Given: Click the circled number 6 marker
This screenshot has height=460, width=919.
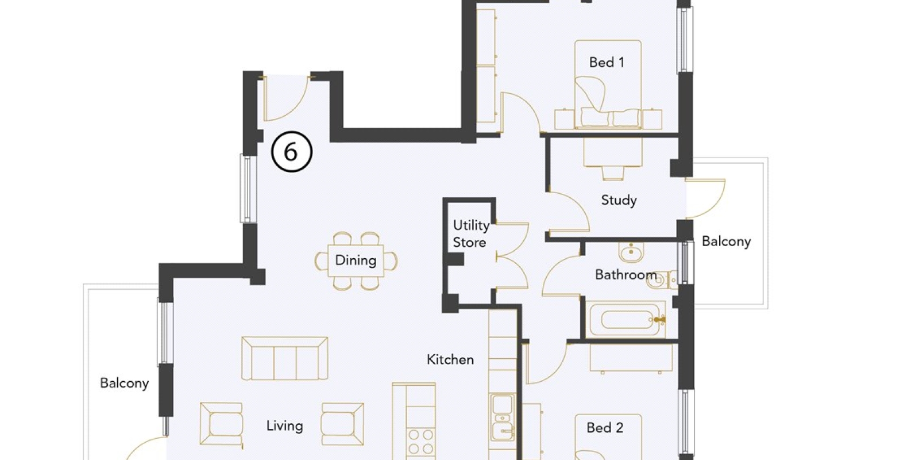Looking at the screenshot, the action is (292, 152).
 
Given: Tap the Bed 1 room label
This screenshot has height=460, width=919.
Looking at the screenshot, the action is (607, 63).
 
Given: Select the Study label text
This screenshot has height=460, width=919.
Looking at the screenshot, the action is (619, 200).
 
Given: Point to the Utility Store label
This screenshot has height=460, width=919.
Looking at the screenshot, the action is (471, 233).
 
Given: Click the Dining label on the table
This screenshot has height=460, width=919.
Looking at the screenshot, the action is (356, 260).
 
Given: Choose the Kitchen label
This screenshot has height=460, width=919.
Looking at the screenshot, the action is (450, 360).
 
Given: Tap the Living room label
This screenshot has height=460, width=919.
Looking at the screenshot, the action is (285, 426).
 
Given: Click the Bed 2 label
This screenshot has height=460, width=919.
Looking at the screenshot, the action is (605, 428).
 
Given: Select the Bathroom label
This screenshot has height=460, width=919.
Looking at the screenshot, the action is (626, 274).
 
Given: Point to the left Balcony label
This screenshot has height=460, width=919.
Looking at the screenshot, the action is (124, 383).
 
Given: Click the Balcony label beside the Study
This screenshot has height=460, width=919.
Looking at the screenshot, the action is (726, 241).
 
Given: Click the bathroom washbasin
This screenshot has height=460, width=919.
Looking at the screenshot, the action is (631, 251).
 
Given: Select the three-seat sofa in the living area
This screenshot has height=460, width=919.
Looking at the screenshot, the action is (285, 359).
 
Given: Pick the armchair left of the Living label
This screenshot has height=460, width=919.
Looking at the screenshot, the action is (221, 424).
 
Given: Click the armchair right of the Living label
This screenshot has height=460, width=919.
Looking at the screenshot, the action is (342, 424).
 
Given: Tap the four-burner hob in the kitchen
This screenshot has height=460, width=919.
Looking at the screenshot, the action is (421, 442).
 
